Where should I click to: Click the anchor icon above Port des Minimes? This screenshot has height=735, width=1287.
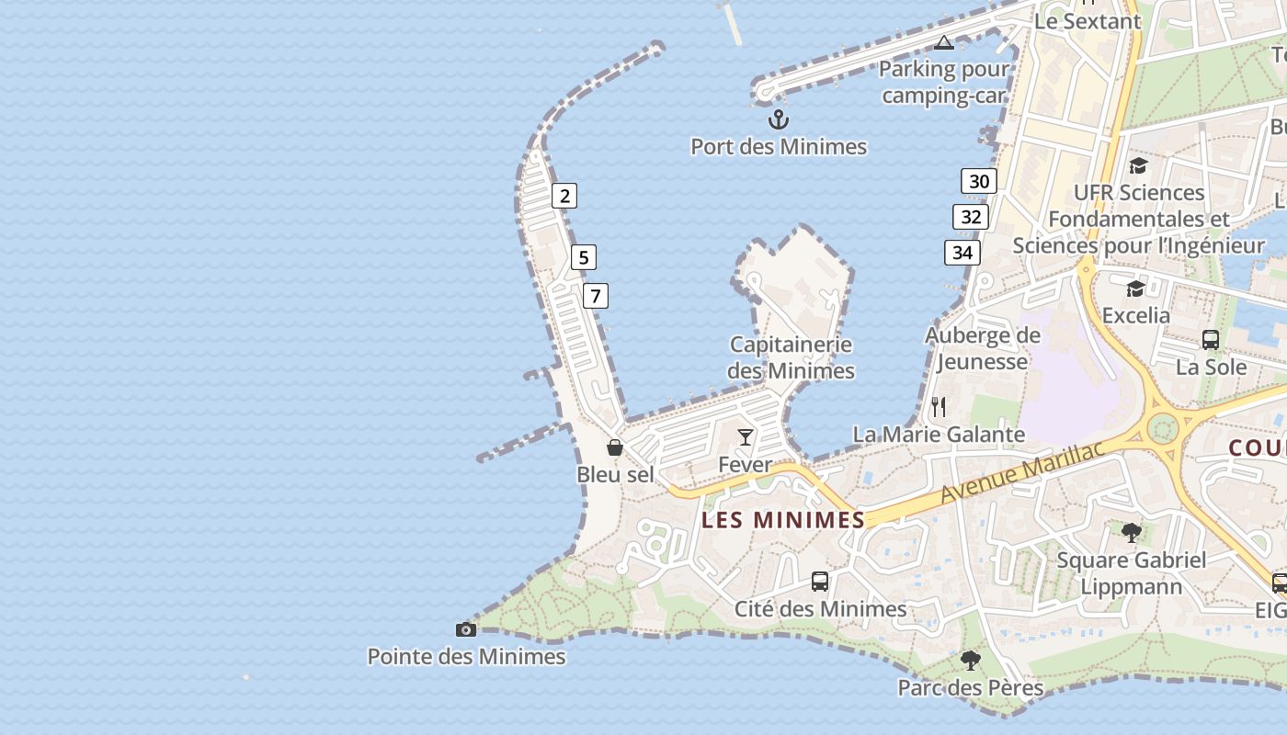point(779,119)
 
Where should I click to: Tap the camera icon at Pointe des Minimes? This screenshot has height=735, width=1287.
point(466,629)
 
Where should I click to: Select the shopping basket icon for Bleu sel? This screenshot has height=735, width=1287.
point(615,447)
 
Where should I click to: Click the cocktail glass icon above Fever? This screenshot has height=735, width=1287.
point(746,436)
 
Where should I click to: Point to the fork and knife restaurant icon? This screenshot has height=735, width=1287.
point(939,406)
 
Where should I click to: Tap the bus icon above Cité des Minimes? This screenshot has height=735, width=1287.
point(820,581)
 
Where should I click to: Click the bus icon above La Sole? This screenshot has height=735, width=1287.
point(1211,339)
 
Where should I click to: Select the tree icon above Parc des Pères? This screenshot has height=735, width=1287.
point(971,660)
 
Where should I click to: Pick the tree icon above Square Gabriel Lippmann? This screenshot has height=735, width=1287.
point(1132,532)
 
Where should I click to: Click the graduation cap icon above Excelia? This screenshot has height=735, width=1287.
point(1136,288)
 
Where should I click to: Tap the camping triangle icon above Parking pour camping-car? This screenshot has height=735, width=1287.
point(944,42)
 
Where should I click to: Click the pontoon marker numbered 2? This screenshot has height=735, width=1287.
point(564,195)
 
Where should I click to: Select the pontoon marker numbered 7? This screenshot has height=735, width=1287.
point(596,296)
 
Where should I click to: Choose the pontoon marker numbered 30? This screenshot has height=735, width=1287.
point(979,181)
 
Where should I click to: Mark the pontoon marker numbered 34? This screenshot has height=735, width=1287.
point(962,252)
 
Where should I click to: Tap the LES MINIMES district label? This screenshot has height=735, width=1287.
point(783,520)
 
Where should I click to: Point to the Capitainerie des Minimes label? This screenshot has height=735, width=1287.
point(792,357)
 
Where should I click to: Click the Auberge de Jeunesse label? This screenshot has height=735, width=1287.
point(982,348)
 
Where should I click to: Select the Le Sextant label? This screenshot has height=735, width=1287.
point(1088,21)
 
